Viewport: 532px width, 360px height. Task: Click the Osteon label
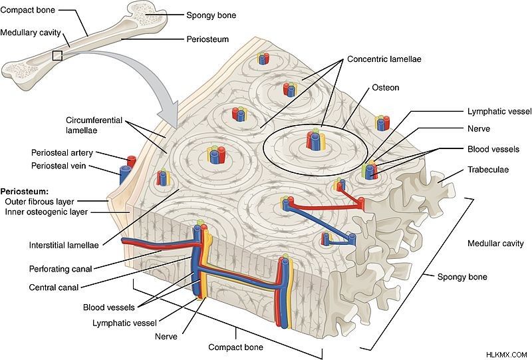386,88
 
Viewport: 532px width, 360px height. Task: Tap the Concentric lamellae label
384,59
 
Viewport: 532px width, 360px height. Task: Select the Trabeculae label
488,170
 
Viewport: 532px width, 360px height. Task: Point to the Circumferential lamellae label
94,125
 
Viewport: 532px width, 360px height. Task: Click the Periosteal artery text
62,153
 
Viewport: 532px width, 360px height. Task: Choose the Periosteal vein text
59,166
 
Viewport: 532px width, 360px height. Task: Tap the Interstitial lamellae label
64,245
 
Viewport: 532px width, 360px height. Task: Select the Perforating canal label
61,270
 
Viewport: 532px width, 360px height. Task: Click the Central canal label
54,287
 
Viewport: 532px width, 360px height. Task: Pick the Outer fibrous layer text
39,202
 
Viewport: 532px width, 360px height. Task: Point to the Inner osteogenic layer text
46,212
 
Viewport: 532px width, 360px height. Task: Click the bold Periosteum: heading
25,191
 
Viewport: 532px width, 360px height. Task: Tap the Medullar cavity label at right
495,244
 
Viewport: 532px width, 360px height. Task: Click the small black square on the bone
57,56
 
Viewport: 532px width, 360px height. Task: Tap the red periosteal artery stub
131,161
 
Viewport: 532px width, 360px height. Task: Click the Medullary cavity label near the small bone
31,33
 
